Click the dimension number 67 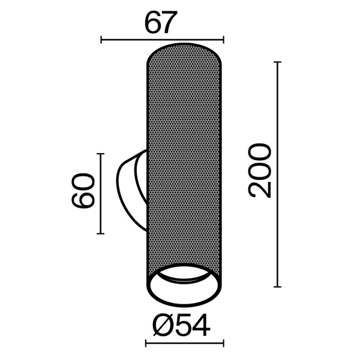[162, 22]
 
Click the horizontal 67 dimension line [162, 40]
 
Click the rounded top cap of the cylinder [185, 51]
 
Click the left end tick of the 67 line [101, 40]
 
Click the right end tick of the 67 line [223, 40]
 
